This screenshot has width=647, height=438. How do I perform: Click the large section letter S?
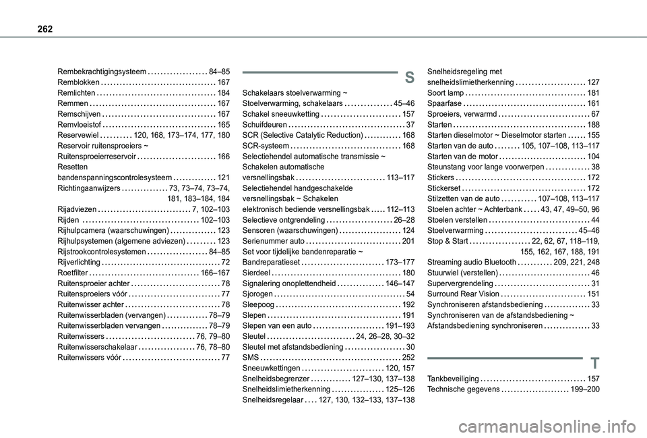409,77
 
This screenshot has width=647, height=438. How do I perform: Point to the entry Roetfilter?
73,273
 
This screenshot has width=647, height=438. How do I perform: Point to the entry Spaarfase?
445,103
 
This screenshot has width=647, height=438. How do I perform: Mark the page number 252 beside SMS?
408,357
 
